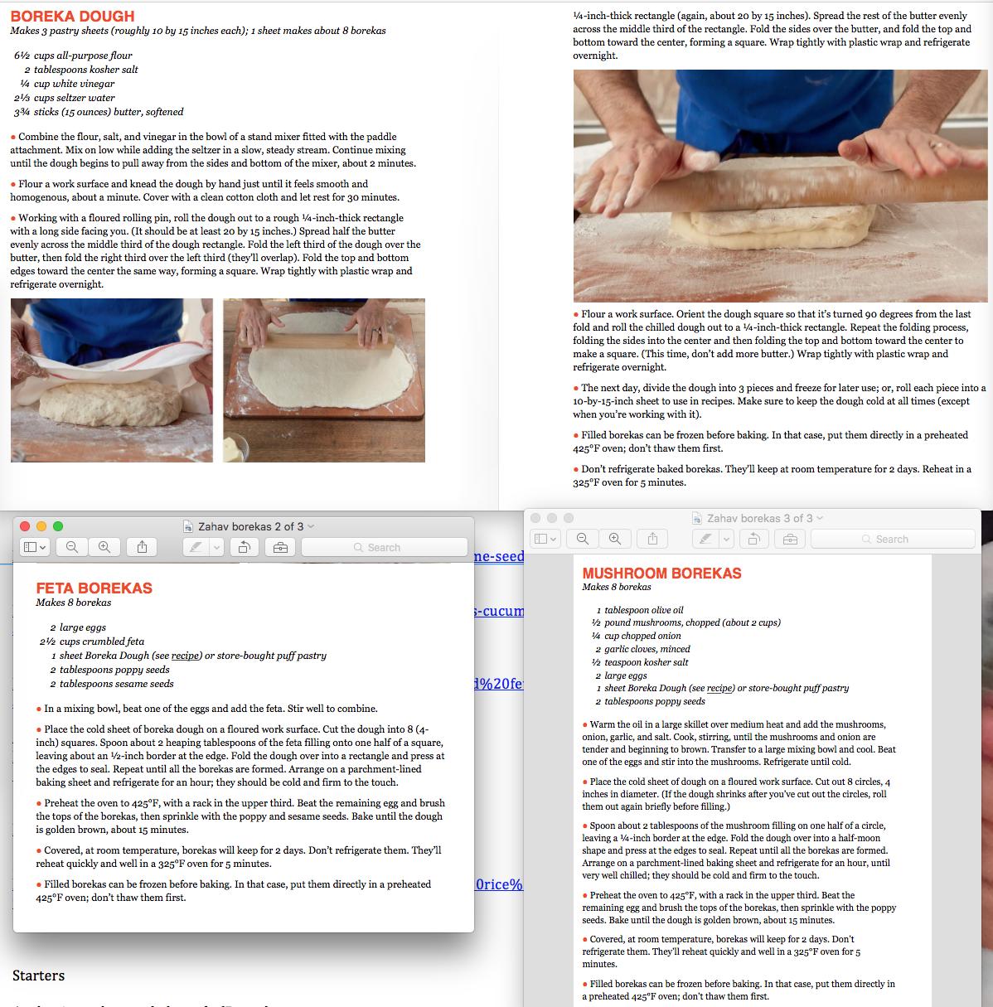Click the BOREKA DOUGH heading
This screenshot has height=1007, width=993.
coord(72,17)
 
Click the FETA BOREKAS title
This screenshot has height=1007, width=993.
coord(94,588)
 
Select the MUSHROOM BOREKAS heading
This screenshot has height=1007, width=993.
coord(661,574)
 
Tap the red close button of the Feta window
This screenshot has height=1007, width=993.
coord(25,526)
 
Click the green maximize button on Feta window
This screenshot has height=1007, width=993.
coord(58,526)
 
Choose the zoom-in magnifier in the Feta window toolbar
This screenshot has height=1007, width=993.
coord(104,547)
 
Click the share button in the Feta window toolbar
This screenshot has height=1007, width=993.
coord(143,547)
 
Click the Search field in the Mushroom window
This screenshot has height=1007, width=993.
coord(893,539)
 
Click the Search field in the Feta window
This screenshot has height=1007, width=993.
coord(384,547)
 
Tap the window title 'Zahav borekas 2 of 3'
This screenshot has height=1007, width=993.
coord(251,526)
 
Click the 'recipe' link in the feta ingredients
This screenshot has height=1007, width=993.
coord(185,656)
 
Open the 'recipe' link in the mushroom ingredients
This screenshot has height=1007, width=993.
coord(719,688)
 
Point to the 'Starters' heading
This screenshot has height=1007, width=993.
coord(39,976)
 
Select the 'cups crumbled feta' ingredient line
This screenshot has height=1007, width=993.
coord(92,641)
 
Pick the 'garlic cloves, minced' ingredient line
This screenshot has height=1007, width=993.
coord(643,649)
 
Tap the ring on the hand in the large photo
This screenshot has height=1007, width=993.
coord(937,145)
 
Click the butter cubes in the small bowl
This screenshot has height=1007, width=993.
coord(234,449)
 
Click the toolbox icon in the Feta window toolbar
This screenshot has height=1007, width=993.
coord(281,547)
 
